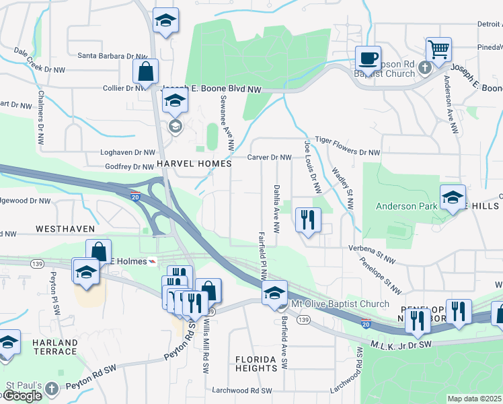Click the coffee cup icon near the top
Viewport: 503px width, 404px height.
[368, 57]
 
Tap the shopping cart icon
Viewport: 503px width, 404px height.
[438, 48]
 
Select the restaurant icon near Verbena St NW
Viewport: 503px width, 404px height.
[308, 220]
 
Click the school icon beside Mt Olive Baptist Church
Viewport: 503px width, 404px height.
[274, 293]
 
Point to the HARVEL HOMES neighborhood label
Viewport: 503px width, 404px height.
[194, 164]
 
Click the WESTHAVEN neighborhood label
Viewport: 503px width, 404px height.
[64, 229]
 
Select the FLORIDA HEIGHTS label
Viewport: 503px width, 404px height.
[256, 364]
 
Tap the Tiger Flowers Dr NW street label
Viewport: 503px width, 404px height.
[348, 153]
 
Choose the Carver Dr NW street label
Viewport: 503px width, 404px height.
[269, 157]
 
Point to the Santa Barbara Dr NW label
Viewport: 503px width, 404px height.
[112, 56]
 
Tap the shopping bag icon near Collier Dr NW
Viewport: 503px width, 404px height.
[145, 71]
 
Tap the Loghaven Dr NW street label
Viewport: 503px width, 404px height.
[127, 153]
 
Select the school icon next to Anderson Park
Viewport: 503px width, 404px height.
[453, 197]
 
